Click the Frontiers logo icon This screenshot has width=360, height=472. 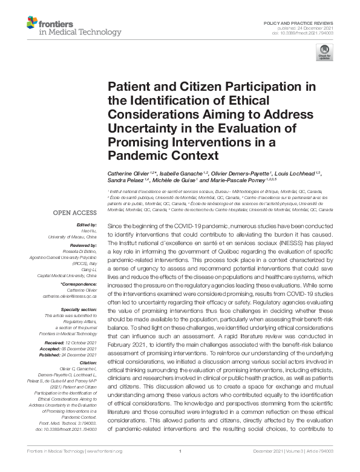tap(32, 25)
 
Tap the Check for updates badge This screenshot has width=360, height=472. tap(324, 53)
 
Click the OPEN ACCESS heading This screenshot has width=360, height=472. tap(76, 213)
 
